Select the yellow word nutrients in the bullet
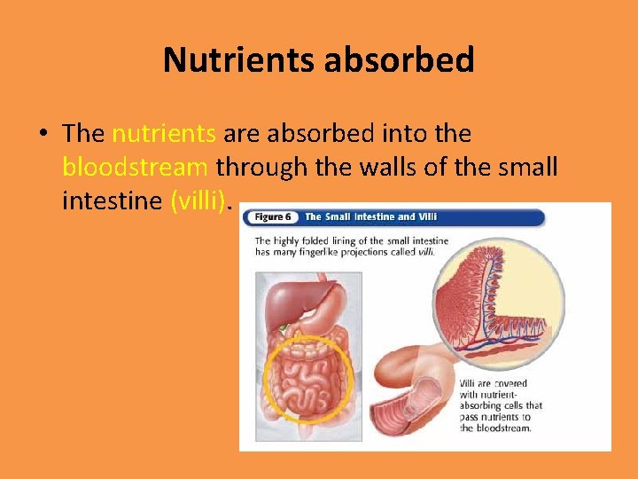164,134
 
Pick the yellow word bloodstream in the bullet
136,167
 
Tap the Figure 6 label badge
269,216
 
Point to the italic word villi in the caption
425,252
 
